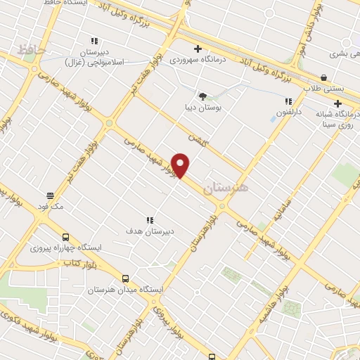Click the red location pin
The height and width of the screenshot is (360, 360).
point(181,165)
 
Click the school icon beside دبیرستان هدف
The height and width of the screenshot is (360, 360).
point(149,220)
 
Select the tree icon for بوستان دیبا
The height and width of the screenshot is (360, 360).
point(202,96)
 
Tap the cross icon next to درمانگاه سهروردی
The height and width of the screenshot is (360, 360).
point(198,49)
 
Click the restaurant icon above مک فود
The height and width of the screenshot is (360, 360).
point(50,195)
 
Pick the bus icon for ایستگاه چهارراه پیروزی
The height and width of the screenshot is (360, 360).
point(65,238)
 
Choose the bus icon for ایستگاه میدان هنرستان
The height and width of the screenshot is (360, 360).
point(125,278)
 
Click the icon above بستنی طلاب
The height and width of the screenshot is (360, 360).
point(323,77)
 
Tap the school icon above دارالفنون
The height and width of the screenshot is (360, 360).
point(288,101)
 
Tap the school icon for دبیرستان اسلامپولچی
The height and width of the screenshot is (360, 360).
point(94,41)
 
